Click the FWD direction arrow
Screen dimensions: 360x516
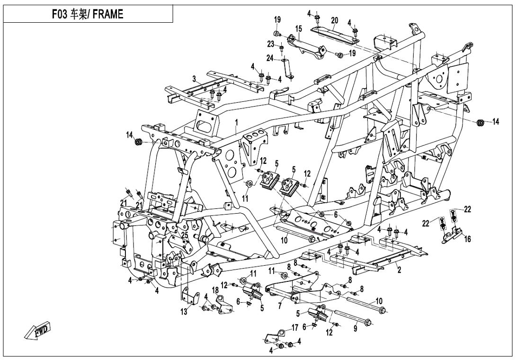[x=38, y=333]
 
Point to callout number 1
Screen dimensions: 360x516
[x=236, y=123]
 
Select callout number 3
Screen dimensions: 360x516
[x=180, y=78]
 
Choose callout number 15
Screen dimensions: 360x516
[x=298, y=29]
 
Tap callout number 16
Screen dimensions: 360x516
[x=468, y=240]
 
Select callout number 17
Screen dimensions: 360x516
[x=295, y=326]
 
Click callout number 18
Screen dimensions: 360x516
[x=215, y=289]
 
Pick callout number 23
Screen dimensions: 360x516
[x=271, y=44]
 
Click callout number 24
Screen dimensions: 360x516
[x=270, y=59]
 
